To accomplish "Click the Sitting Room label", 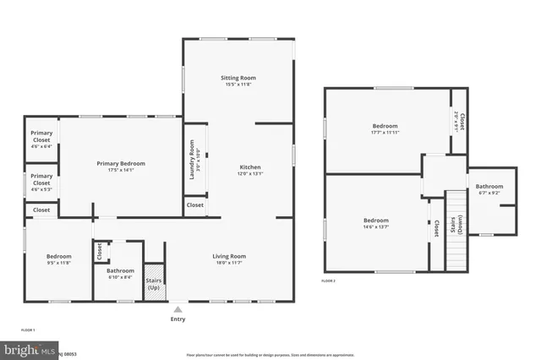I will point(238,81).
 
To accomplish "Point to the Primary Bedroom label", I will point(120,166).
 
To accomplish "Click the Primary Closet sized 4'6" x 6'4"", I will point(41,139).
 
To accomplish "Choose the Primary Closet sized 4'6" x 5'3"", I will point(41,180).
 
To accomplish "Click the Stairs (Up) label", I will point(154,284).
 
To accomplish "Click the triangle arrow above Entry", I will point(178,310).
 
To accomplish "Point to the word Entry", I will point(178,319).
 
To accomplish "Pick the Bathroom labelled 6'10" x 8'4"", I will point(120,274).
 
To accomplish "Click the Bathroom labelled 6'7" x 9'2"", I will point(489,189).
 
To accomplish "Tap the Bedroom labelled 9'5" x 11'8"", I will point(59,259).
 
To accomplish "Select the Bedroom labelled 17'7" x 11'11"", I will point(384,129).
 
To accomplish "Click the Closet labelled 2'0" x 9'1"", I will point(459,122).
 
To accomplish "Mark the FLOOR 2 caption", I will point(329,281).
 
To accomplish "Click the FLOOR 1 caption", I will point(28,329).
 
